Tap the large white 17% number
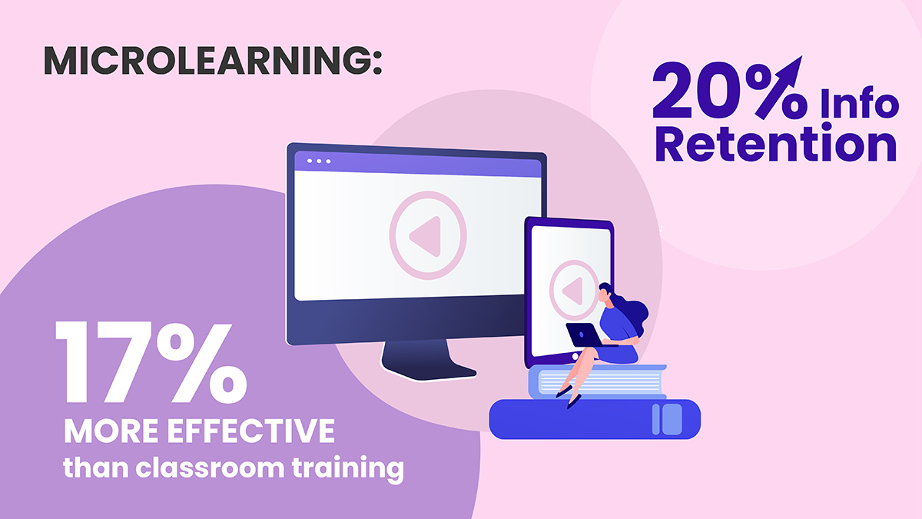[151, 363]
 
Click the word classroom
[210, 467]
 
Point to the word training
[348, 469]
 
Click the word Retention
[775, 144]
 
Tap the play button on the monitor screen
[428, 235]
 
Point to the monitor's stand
[428, 360]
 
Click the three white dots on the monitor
[319, 161]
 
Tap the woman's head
[606, 293]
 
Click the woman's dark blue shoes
[569, 397]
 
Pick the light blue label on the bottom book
[667, 419]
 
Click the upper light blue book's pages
[599, 382]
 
